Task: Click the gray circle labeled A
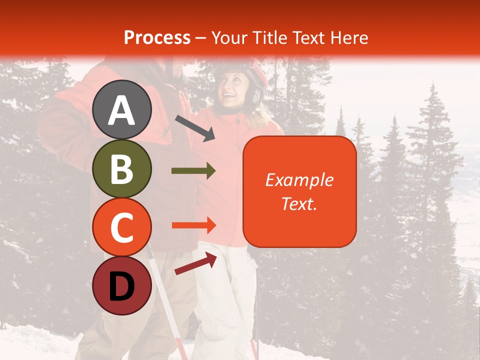(x=122, y=109)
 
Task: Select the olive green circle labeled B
(x=122, y=168)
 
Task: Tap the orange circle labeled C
(x=122, y=227)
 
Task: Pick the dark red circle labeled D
(x=122, y=285)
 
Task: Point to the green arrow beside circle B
(x=193, y=171)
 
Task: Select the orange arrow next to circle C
(x=193, y=225)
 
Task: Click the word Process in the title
(x=157, y=37)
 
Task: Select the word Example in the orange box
(x=299, y=180)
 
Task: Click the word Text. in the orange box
(x=299, y=203)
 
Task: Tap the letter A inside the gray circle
(x=122, y=110)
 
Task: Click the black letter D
(x=122, y=286)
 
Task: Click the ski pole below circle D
(x=170, y=320)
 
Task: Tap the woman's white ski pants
(x=227, y=300)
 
